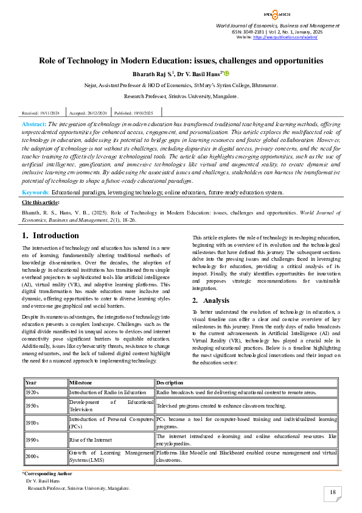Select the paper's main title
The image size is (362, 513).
tap(181, 60)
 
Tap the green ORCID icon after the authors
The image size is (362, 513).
tap(226, 74)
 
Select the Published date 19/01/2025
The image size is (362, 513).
tap(134, 113)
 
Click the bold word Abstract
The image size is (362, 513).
tap(35, 124)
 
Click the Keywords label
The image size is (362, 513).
tap(36, 192)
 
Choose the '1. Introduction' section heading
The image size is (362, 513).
tap(50, 235)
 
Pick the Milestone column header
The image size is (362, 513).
tap(80, 382)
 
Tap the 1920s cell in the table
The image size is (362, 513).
tap(32, 393)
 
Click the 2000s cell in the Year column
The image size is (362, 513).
tap(32, 456)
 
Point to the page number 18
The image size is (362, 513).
tap(332, 492)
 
